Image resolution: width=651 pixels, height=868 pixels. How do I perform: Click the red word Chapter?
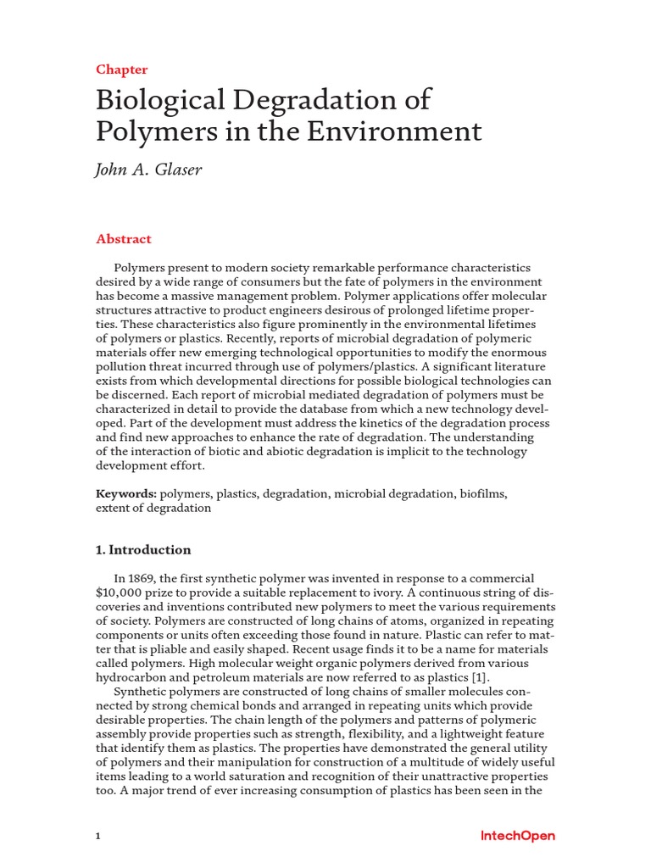tap(122, 70)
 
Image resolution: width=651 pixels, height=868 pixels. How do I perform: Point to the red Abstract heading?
tap(124, 239)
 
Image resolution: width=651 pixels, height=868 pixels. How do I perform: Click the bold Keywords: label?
tap(126, 492)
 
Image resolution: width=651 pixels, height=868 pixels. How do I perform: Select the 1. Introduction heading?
tap(143, 549)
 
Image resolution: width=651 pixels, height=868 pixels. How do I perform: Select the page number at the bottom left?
tap(98, 836)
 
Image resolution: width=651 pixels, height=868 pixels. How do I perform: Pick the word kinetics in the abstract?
tap(365, 423)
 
